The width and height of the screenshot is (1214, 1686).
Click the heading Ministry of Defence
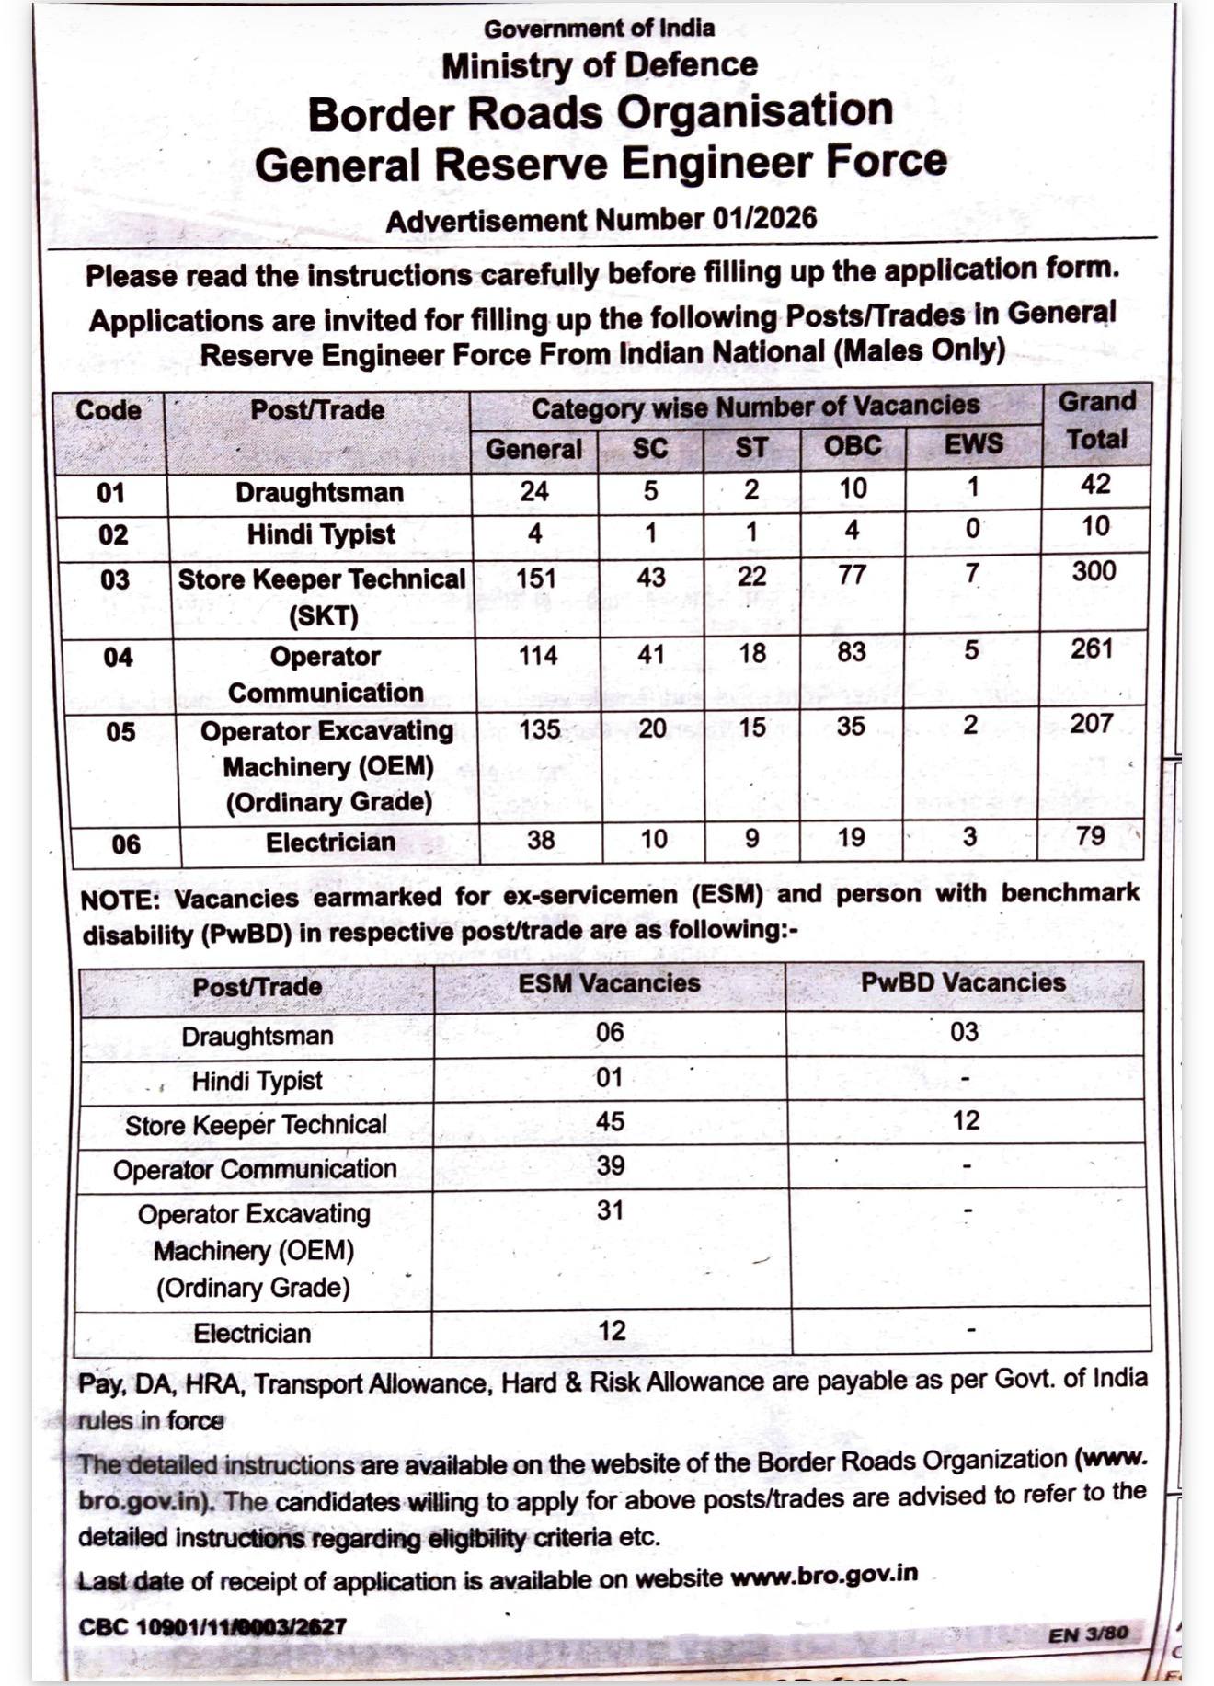tap(599, 66)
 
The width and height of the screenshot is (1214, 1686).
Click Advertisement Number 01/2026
tap(601, 220)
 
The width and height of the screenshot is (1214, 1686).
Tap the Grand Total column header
tap(1096, 420)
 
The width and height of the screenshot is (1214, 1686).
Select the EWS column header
tap(973, 444)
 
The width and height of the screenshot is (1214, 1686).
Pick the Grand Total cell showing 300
tap(1094, 571)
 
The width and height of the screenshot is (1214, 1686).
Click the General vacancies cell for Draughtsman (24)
tap(534, 491)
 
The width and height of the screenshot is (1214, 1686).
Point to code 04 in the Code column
tap(118, 657)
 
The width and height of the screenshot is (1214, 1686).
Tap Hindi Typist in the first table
tap(320, 534)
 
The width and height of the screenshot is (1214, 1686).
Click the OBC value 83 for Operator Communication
tap(851, 652)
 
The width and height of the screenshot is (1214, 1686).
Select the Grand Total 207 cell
tap(1092, 724)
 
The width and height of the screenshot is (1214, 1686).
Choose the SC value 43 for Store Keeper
tap(651, 577)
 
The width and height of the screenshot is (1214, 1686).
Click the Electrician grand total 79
tap(1090, 836)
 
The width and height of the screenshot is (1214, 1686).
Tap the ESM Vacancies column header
tap(609, 983)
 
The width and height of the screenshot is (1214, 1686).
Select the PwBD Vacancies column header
tap(963, 982)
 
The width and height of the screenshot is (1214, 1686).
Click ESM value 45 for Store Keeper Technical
tap(610, 1121)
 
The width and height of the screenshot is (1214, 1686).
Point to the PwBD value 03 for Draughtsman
tap(964, 1032)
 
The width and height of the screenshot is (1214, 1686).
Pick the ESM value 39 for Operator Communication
tap(611, 1165)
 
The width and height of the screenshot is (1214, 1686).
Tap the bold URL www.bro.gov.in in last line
tap(823, 1574)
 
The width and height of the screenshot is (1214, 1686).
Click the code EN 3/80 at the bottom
tap(1087, 1634)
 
